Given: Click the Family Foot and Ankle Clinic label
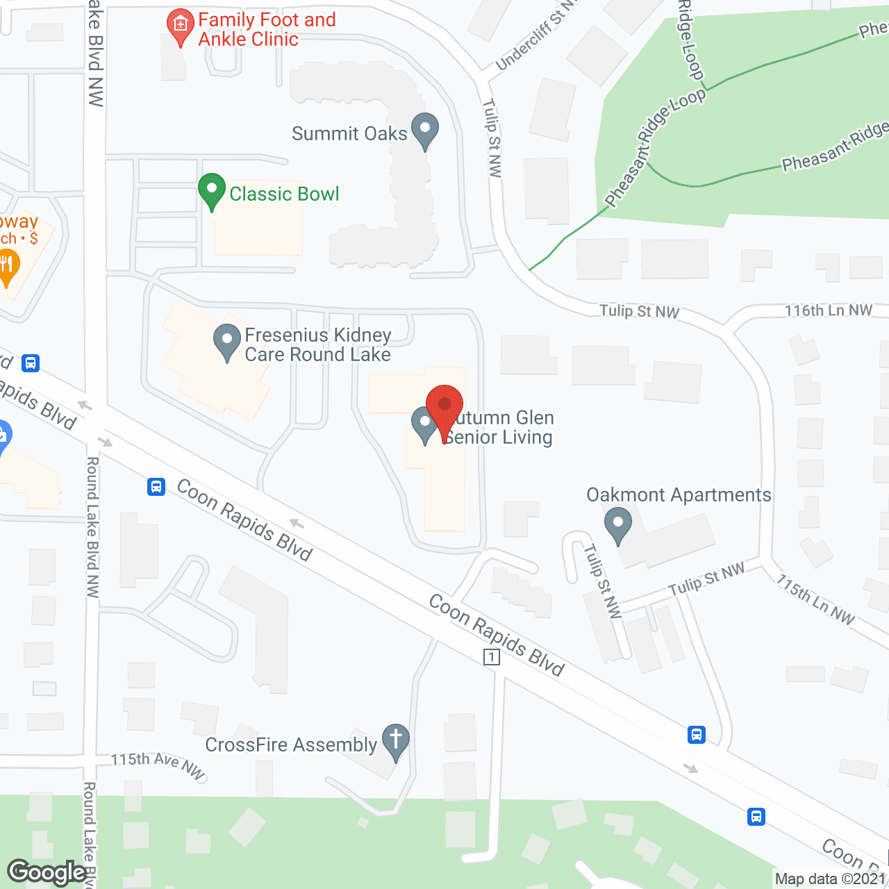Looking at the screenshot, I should (267, 29).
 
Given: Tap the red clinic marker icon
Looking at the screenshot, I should (181, 26).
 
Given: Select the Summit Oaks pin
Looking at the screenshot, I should (425, 130).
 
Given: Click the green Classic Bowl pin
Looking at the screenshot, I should (212, 190).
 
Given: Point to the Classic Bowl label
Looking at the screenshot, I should (284, 194).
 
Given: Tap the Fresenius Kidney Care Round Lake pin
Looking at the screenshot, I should (226, 342).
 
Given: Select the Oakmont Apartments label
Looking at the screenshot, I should (679, 495).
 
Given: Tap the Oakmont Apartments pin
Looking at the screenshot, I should (617, 525).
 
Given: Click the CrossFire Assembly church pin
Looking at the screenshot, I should (396, 742).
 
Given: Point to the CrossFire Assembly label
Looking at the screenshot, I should (291, 745).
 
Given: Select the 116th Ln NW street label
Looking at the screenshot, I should (829, 310).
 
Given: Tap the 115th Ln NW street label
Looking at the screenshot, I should (815, 599).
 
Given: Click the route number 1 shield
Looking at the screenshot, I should (492, 656).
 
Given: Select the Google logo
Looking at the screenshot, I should (47, 872).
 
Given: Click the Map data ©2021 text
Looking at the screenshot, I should (831, 879).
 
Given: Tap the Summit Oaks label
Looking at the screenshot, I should (349, 133).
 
